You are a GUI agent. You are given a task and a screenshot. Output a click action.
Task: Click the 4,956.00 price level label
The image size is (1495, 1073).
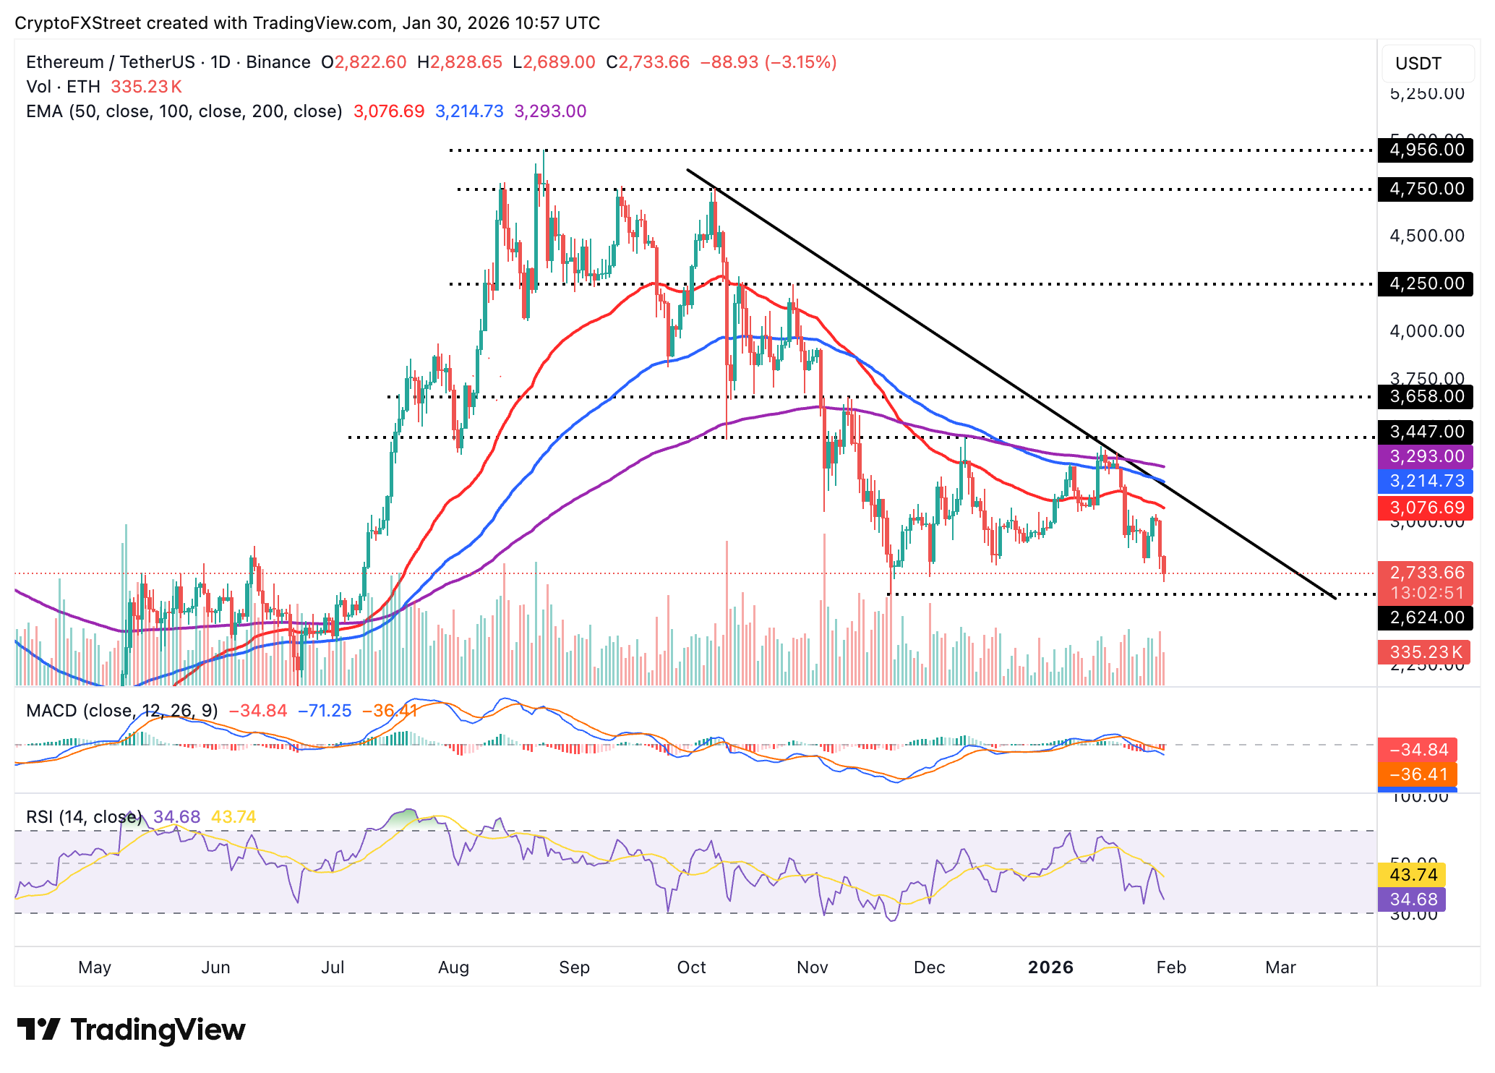click(x=1426, y=150)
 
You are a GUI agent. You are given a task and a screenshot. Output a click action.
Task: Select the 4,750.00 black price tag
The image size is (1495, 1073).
click(x=1426, y=189)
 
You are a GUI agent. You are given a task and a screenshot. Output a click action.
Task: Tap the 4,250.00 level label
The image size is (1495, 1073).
click(x=1426, y=283)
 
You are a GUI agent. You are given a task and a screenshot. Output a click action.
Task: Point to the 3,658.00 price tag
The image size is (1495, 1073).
click(x=1426, y=396)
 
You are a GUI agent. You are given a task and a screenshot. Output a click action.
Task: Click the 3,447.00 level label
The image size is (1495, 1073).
click(x=1426, y=432)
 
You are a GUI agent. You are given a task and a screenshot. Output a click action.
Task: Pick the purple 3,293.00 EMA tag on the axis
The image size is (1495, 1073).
click(x=1426, y=456)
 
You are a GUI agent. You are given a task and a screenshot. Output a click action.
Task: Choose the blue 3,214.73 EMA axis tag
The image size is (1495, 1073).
click(x=1426, y=481)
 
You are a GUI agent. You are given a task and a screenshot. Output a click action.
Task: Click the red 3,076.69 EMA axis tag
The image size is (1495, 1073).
click(x=1426, y=508)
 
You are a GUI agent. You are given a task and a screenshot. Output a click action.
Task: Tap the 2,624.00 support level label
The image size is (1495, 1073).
click(x=1426, y=617)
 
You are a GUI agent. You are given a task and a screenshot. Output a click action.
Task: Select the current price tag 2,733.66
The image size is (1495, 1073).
click(x=1426, y=573)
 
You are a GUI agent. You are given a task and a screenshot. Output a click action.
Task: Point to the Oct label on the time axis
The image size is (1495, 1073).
click(x=691, y=967)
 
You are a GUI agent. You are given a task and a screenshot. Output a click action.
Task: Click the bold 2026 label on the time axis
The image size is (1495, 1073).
click(x=1050, y=967)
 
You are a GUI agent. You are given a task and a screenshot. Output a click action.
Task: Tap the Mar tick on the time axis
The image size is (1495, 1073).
click(x=1280, y=967)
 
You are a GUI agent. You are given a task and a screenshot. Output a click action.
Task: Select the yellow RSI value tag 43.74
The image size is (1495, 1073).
click(x=1413, y=875)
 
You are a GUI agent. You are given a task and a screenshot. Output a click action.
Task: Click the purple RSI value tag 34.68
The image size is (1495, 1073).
click(x=1413, y=899)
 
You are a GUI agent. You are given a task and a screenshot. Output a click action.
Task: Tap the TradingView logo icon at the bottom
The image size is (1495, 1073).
click(x=39, y=1030)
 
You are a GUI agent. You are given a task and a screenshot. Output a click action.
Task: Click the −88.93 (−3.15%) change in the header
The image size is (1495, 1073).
click(x=768, y=62)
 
